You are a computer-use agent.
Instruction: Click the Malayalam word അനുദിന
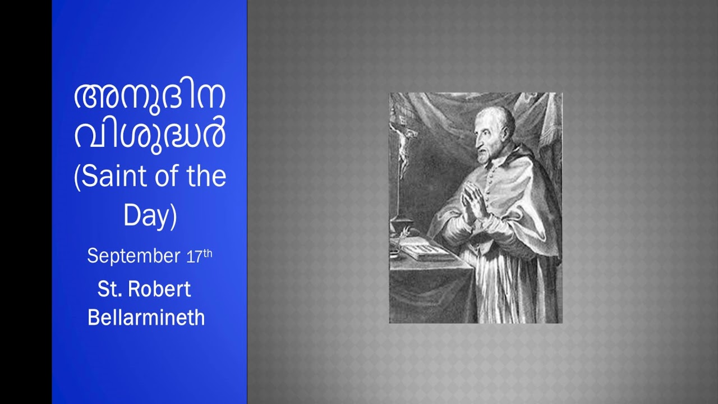[x=150, y=98]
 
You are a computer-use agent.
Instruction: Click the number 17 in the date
[x=194, y=257]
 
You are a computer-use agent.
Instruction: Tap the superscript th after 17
[x=208, y=253]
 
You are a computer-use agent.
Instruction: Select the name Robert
[x=159, y=289]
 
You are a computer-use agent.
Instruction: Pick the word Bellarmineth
[x=146, y=318]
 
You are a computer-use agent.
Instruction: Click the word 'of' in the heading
[x=162, y=177]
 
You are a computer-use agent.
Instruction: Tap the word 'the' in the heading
[x=204, y=177]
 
